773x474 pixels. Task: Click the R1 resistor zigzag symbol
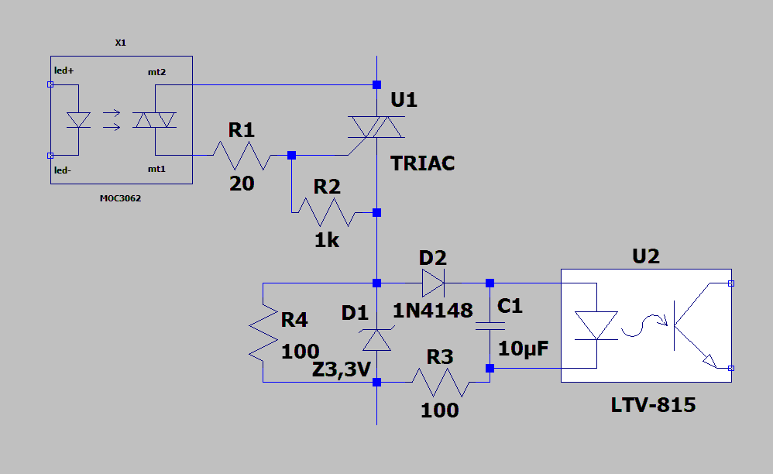[x=242, y=156]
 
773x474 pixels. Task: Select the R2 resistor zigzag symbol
[x=326, y=212]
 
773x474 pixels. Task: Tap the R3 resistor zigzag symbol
[x=441, y=383]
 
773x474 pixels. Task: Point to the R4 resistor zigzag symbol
[x=263, y=332]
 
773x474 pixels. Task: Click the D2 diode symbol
[x=433, y=283]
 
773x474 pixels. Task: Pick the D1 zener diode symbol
[x=376, y=339]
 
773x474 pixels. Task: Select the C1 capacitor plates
[x=490, y=326]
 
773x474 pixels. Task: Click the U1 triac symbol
[x=376, y=127]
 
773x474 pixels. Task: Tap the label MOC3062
[x=120, y=198]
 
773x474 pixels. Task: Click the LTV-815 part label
[x=653, y=405]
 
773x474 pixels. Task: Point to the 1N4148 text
[x=432, y=311]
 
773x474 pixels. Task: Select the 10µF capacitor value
[x=523, y=349]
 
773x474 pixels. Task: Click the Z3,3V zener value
[x=341, y=369]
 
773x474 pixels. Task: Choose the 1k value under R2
[x=327, y=240]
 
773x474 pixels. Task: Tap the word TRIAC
[x=422, y=163]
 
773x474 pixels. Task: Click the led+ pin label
[x=64, y=70]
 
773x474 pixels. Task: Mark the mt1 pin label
[x=156, y=169]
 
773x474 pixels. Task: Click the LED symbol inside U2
[x=596, y=325]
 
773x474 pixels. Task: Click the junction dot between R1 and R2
[x=291, y=155]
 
